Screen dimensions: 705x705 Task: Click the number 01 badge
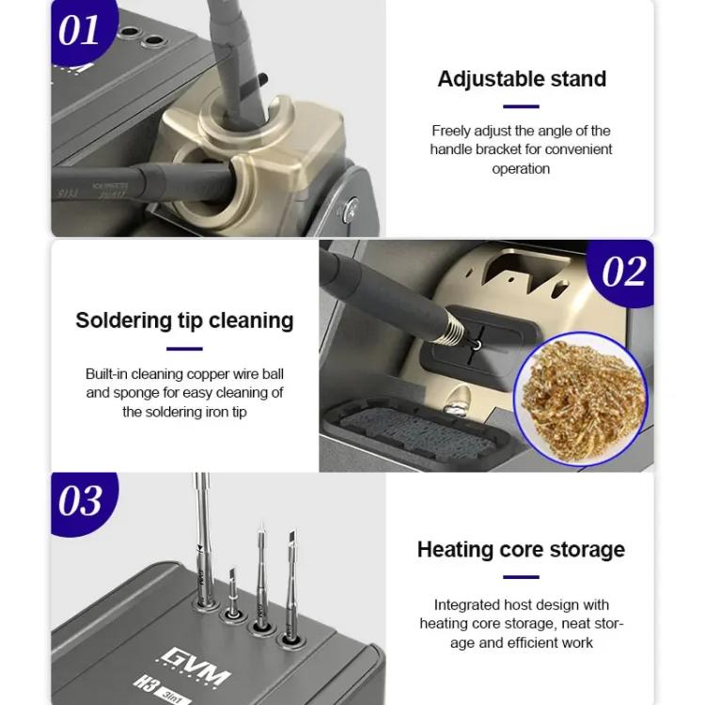79,30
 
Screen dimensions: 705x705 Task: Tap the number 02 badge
623,273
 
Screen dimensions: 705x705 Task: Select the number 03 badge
80,501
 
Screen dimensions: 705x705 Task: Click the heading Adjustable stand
522,79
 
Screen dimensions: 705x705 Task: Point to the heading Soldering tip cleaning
184,321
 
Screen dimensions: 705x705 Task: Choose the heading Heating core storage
521,549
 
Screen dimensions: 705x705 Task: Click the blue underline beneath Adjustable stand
521,106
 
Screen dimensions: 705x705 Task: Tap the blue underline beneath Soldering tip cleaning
184,349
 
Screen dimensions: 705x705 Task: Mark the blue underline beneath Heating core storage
521,576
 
